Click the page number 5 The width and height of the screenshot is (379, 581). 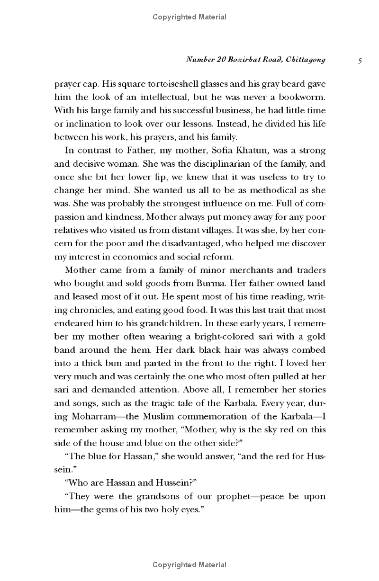(361, 61)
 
